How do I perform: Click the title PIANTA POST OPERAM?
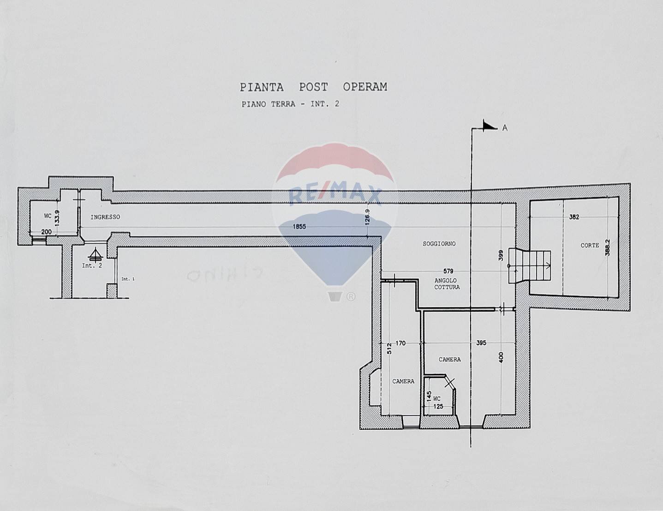click(x=313, y=87)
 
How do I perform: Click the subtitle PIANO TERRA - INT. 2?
click(x=290, y=104)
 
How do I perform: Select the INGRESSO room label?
click(x=105, y=217)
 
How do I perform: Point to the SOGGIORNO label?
click(x=439, y=243)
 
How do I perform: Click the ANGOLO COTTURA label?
click(x=447, y=283)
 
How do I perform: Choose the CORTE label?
click(x=590, y=246)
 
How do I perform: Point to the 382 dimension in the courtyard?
click(x=573, y=216)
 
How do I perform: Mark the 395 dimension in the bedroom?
click(x=481, y=343)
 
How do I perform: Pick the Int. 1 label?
click(x=127, y=279)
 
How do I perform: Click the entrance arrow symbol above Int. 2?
click(x=95, y=254)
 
